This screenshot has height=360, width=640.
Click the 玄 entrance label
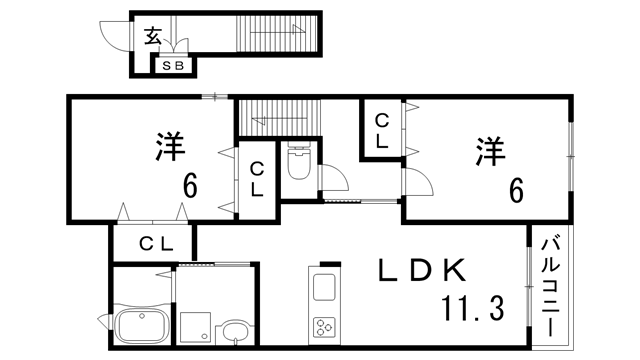click(152, 36)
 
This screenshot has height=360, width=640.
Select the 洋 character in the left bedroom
click(171, 146)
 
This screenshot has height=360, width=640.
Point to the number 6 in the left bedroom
click(188, 186)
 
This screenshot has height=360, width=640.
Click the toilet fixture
click(299, 162)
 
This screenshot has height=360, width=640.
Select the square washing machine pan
click(194, 327)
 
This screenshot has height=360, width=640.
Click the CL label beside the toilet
click(257, 180)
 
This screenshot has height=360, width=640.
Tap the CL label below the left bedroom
click(157, 243)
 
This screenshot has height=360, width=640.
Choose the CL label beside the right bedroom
click(383, 131)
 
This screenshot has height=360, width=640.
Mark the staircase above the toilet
click(277, 118)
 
